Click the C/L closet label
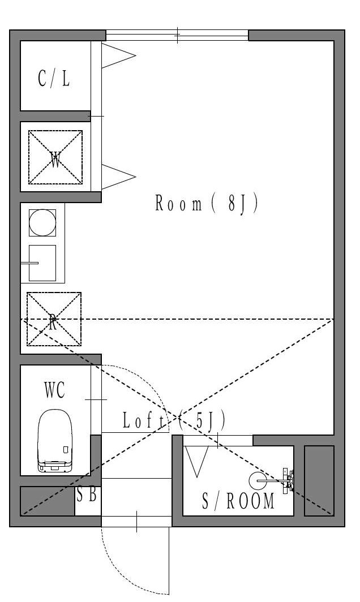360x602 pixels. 54,79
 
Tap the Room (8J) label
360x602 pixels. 207,203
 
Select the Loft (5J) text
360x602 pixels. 174,420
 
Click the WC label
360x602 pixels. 54,390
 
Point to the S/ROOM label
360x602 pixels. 238,501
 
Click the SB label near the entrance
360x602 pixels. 87,495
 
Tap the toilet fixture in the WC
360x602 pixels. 54,441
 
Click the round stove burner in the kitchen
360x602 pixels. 42,222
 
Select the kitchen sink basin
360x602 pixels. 43,263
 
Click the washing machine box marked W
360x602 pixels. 55,157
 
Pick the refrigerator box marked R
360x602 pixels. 54,319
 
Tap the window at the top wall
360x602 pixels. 177,35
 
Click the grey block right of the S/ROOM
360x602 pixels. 319,480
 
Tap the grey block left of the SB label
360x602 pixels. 48,501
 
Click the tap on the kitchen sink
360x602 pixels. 30,263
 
